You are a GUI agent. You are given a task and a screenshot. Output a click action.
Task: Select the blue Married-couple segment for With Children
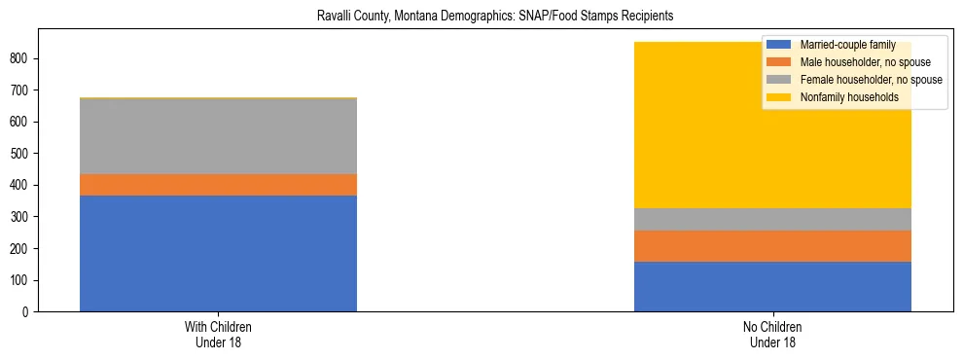[218, 253]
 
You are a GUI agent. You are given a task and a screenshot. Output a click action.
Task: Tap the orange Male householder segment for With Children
[218, 185]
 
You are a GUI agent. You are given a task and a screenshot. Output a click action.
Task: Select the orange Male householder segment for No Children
[772, 246]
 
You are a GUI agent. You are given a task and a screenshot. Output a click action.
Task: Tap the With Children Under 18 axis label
[218, 335]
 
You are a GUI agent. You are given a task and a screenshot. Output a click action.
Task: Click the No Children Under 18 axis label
[772, 335]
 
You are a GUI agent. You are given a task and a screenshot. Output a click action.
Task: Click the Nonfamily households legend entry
[842, 97]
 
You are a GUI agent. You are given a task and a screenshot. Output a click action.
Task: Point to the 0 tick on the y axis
[25, 312]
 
